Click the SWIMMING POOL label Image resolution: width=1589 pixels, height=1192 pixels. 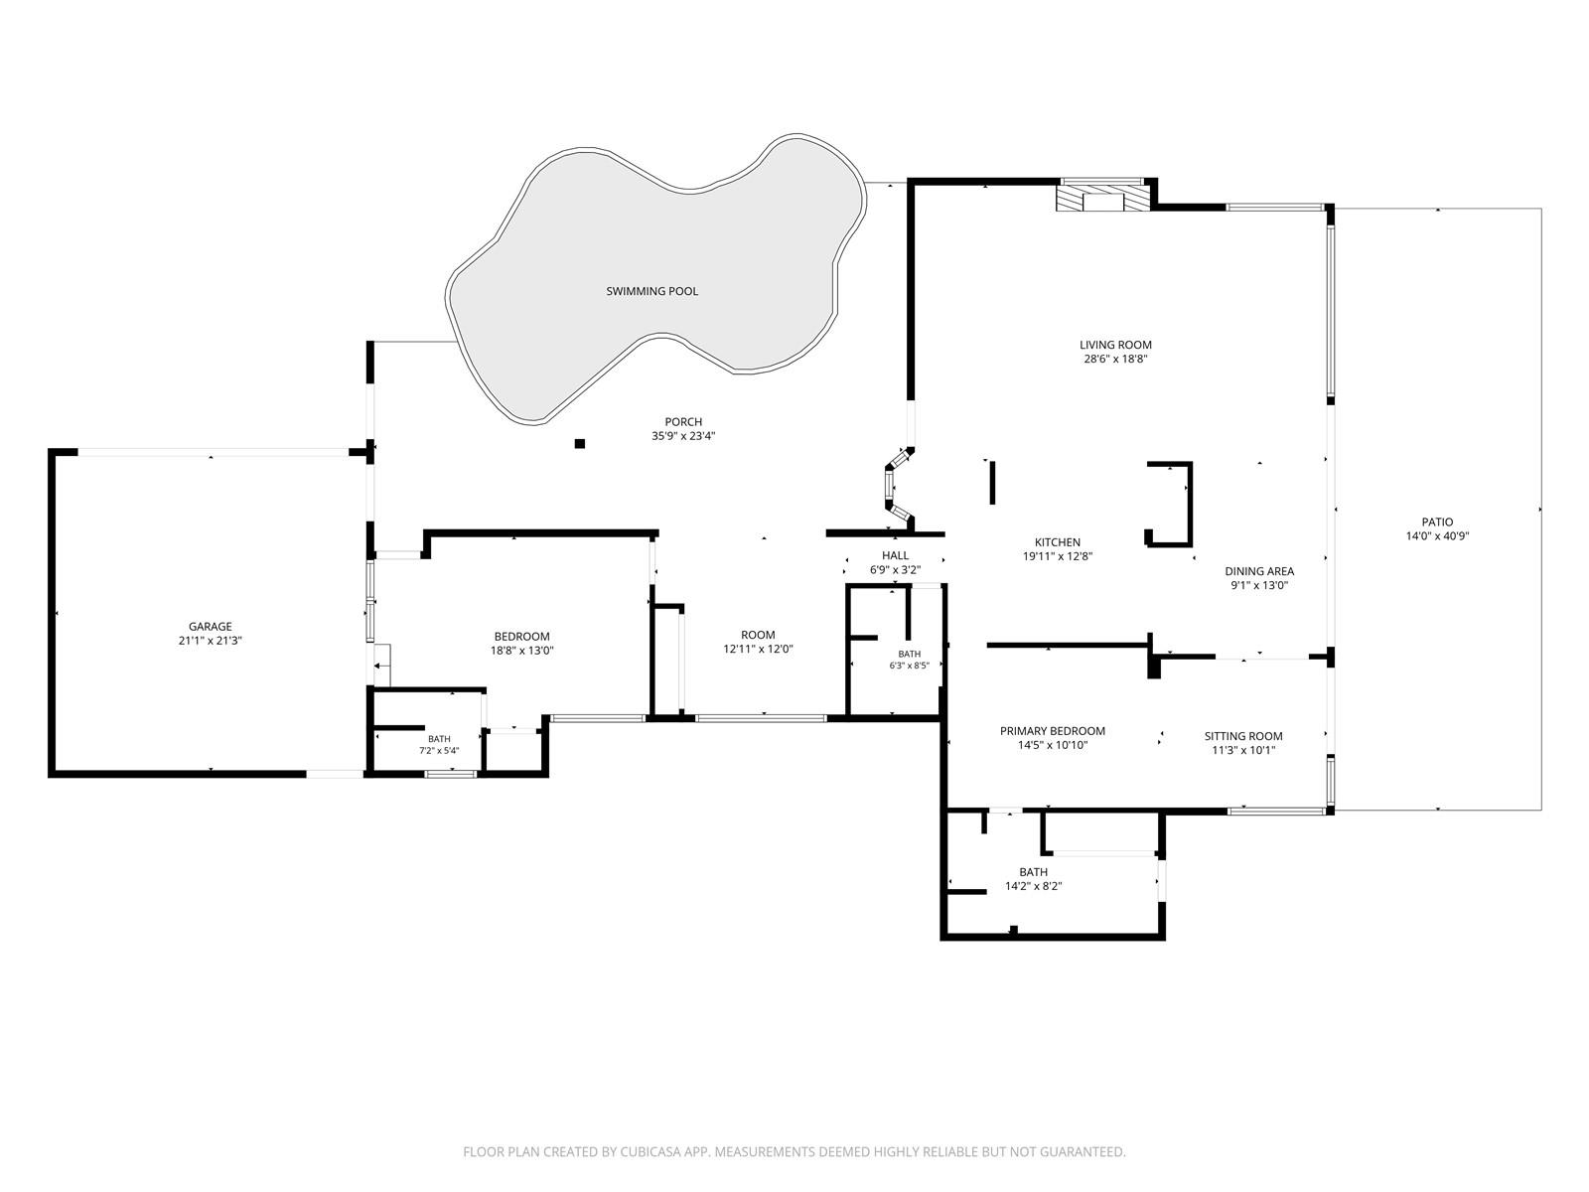tap(651, 291)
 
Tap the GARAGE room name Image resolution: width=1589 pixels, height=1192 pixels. tap(210, 626)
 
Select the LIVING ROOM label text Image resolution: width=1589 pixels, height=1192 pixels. tap(1115, 346)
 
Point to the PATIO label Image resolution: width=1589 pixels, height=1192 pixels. tap(1437, 521)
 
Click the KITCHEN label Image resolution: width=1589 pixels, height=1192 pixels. tap(1057, 542)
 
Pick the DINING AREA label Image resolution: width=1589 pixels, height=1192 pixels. tap(1259, 571)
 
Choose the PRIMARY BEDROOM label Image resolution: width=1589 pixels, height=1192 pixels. tap(1052, 731)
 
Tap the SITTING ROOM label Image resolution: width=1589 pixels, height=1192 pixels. tap(1243, 736)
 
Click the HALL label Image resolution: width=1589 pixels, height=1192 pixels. tap(895, 556)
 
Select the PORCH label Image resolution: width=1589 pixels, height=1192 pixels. tap(682, 422)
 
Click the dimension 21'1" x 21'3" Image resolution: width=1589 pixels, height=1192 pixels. tap(210, 641)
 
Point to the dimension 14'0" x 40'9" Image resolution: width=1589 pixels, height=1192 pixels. tap(1437, 536)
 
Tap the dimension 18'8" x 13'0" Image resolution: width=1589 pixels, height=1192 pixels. tap(521, 651)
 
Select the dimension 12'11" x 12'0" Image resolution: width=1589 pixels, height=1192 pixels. tap(758, 650)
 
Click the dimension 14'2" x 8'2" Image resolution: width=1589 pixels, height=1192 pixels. tap(1033, 886)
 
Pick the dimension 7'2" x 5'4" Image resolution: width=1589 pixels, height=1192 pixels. tap(439, 751)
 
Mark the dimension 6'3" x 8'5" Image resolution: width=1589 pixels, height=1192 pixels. tap(910, 666)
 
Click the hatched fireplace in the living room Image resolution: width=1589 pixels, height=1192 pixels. tap(1101, 199)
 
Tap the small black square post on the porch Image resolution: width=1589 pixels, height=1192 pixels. tap(579, 444)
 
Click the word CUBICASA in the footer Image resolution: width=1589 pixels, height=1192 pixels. tap(650, 1151)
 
